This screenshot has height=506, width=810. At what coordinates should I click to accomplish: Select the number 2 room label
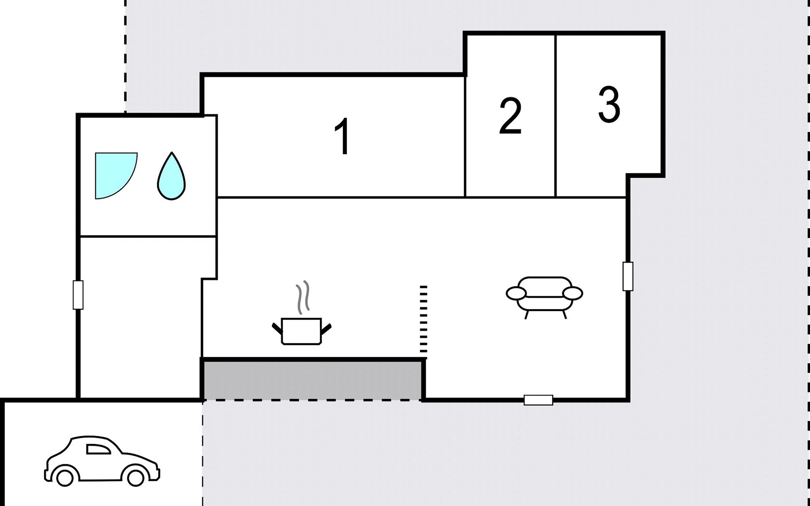point(510,116)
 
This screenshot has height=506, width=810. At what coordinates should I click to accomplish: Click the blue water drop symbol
point(171,176)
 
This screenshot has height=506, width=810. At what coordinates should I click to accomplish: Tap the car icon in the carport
point(102,461)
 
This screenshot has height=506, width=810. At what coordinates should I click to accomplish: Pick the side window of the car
point(97,449)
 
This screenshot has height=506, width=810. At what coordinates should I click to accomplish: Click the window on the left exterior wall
point(78,295)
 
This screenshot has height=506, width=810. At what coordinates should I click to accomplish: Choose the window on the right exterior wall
point(628,276)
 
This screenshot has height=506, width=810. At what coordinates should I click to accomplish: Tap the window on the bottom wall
point(538,400)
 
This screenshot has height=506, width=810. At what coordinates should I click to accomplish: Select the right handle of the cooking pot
point(326,329)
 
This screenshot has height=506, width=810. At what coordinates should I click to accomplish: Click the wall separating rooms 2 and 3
point(556,116)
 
